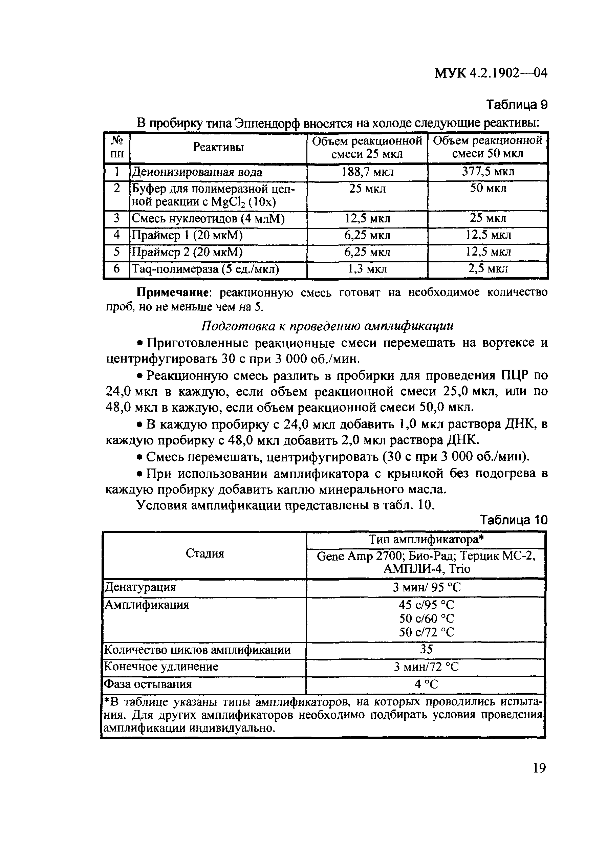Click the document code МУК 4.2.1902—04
pos(491,73)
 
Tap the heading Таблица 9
pos(517,105)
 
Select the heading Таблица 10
pos(513,520)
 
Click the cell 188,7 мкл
pos(367,172)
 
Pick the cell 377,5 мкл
pos(488,172)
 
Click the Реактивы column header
pos(218,147)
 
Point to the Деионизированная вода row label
pos(197,172)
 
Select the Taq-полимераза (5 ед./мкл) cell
pos(205,269)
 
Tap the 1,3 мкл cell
pos(367,269)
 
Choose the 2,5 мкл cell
pos(488,269)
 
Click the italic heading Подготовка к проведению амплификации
pos(327,326)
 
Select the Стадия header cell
pos(204,553)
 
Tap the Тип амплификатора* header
pos(426,539)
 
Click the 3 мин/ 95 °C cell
pos(426,588)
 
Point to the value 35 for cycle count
pos(426,649)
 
